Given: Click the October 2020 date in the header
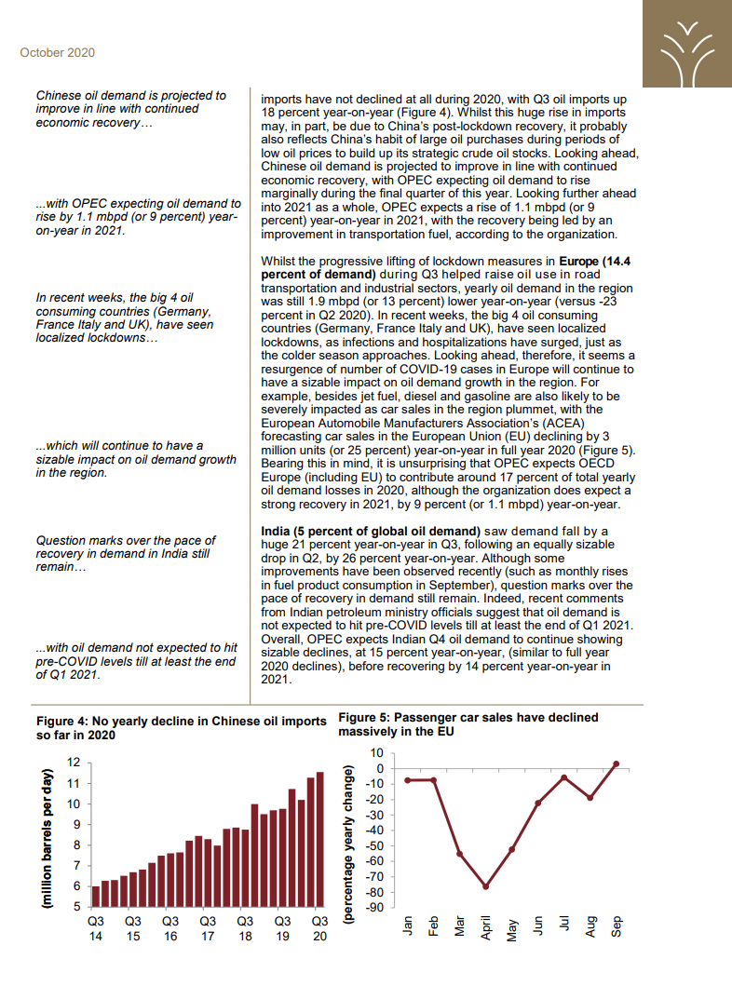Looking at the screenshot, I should [x=57, y=53].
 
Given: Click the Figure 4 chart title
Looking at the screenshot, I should [x=181, y=727].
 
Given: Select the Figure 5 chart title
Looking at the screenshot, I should [x=468, y=724].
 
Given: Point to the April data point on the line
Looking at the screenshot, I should [x=485, y=886].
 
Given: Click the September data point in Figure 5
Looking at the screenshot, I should [x=616, y=763].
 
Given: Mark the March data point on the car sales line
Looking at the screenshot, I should [x=459, y=854].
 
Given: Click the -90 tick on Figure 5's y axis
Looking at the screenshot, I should [x=375, y=907].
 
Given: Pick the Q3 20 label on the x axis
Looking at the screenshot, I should [x=319, y=928].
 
